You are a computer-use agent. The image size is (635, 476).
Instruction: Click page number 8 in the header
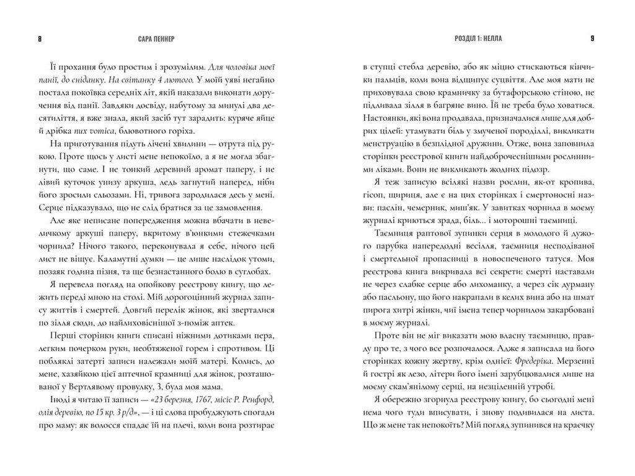coord(40,38)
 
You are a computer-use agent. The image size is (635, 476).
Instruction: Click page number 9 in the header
coord(592,38)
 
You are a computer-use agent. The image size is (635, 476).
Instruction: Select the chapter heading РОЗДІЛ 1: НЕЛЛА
coord(477,38)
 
